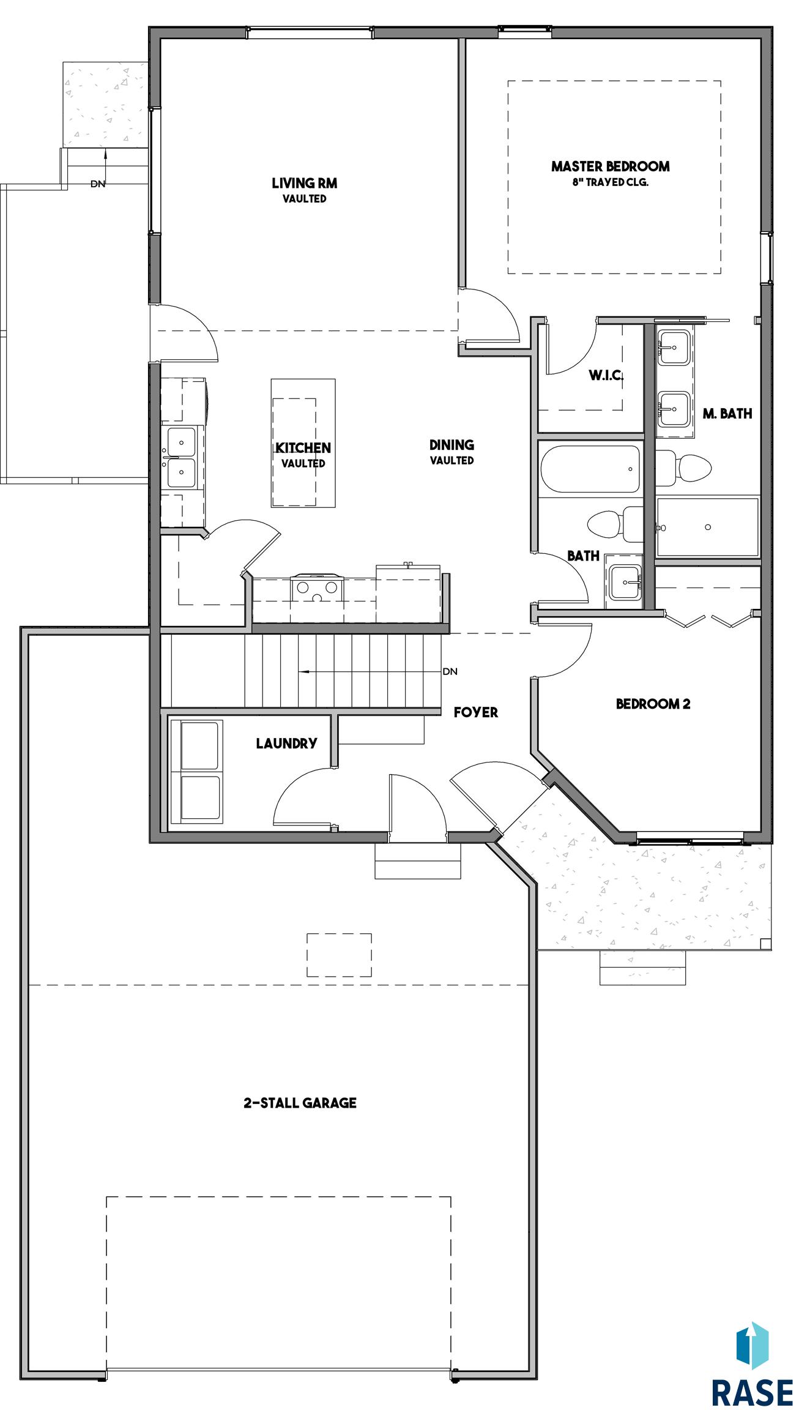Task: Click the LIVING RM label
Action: [x=304, y=183]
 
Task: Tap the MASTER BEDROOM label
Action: [x=610, y=166]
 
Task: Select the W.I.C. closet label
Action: [x=606, y=375]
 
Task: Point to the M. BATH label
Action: [x=727, y=414]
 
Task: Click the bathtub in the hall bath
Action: [x=590, y=469]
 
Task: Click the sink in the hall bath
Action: [x=624, y=581]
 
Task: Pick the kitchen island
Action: [x=303, y=443]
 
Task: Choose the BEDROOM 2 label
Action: [x=653, y=704]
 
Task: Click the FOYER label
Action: [x=476, y=712]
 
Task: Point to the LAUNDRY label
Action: [x=286, y=744]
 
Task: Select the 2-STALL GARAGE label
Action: [x=300, y=1103]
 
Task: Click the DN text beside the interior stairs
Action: [x=450, y=671]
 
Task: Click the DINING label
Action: [x=452, y=445]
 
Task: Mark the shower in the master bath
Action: [x=707, y=527]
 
